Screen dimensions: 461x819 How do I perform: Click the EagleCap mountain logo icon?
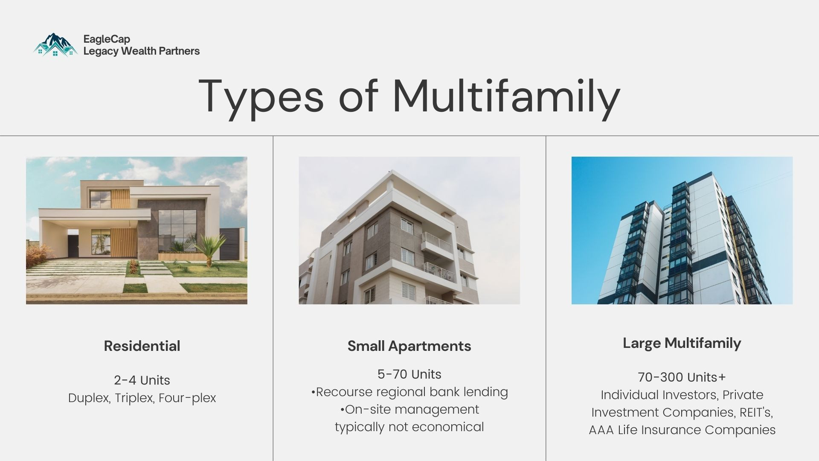click(x=55, y=45)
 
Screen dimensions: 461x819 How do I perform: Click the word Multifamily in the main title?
click(x=506, y=96)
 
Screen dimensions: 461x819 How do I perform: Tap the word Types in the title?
click(x=261, y=96)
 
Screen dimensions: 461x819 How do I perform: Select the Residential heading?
click(x=142, y=346)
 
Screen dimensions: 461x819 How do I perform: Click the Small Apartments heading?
click(x=409, y=346)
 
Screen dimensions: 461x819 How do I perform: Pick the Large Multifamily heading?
click(x=682, y=343)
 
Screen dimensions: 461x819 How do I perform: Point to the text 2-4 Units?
click(x=142, y=380)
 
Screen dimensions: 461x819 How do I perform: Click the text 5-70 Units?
click(x=409, y=374)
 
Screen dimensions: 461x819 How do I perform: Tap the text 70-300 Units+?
click(x=682, y=377)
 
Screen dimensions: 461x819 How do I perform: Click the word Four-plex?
click(x=187, y=398)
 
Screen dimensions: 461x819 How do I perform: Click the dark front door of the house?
click(x=73, y=245)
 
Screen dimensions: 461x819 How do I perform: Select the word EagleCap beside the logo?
click(x=107, y=39)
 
